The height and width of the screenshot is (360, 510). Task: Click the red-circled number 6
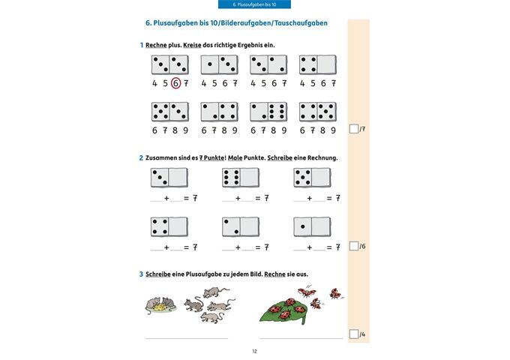point(175,84)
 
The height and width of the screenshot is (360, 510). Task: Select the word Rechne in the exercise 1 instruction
point(157,45)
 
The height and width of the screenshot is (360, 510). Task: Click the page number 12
point(254,351)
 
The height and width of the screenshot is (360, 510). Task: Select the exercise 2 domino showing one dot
point(311,226)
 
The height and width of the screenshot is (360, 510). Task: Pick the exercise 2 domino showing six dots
point(240,178)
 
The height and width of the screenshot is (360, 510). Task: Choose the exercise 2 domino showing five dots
point(311,178)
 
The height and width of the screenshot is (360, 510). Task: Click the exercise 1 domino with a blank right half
point(318,64)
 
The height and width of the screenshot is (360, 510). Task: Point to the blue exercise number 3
point(141,274)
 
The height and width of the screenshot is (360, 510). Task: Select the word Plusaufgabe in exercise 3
point(193,274)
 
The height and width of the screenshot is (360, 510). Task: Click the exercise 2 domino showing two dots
point(240,226)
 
